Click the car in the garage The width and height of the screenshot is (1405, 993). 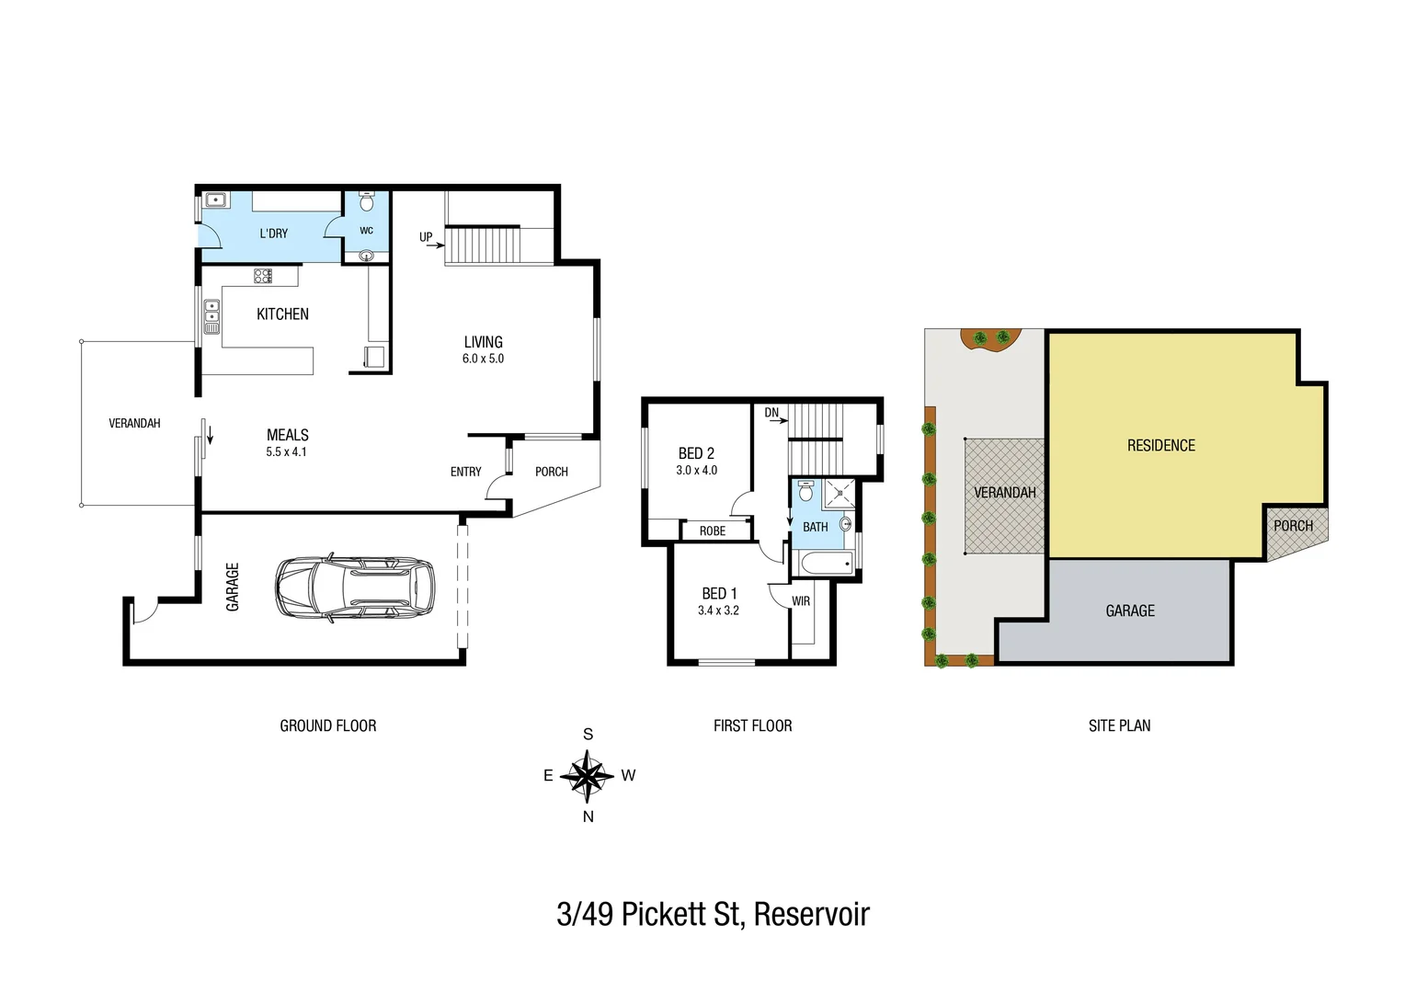pyautogui.click(x=354, y=587)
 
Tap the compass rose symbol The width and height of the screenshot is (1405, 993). pyautogui.click(x=587, y=776)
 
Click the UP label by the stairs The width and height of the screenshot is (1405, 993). pyautogui.click(x=426, y=237)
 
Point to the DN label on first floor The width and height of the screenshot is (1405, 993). pyautogui.click(x=771, y=413)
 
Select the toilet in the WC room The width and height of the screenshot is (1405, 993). pyautogui.click(x=367, y=201)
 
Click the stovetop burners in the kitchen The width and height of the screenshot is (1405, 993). pyautogui.click(x=263, y=275)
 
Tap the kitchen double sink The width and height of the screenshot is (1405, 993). pyautogui.click(x=211, y=315)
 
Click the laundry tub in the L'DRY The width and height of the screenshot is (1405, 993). pyautogui.click(x=216, y=200)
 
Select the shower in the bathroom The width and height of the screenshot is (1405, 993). pyautogui.click(x=840, y=494)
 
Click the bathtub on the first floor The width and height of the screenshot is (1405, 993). pyautogui.click(x=824, y=564)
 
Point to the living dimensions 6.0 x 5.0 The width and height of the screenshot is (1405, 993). pyautogui.click(x=483, y=359)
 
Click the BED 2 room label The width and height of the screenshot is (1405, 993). pyautogui.click(x=696, y=453)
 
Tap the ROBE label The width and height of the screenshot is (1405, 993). pyautogui.click(x=713, y=531)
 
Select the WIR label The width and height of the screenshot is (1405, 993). pyautogui.click(x=801, y=601)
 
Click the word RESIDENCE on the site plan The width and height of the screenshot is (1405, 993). pyautogui.click(x=1161, y=446)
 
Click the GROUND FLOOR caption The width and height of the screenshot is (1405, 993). pyautogui.click(x=328, y=725)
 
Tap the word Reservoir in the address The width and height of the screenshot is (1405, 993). pyautogui.click(x=811, y=915)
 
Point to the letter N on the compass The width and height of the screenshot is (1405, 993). pyautogui.click(x=588, y=816)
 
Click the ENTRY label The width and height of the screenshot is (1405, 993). pyautogui.click(x=465, y=472)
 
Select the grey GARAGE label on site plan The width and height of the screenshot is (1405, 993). pyautogui.click(x=1130, y=611)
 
